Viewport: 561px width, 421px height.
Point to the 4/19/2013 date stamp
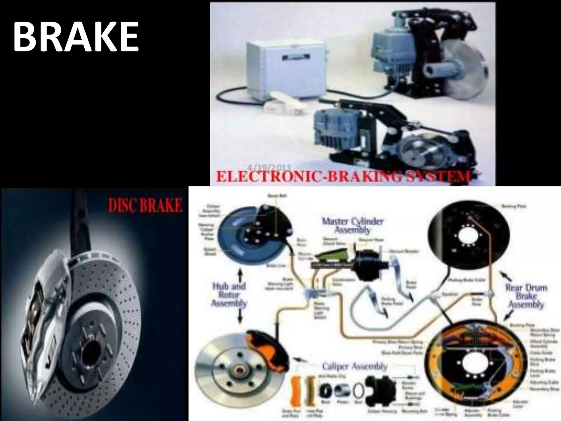pos(270,167)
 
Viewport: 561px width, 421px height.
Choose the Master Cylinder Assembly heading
pos(352,225)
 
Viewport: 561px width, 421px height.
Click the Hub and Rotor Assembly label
pos(229,295)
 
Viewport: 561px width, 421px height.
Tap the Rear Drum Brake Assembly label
pos(526,296)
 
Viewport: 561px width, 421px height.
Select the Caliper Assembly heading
pos(355,366)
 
